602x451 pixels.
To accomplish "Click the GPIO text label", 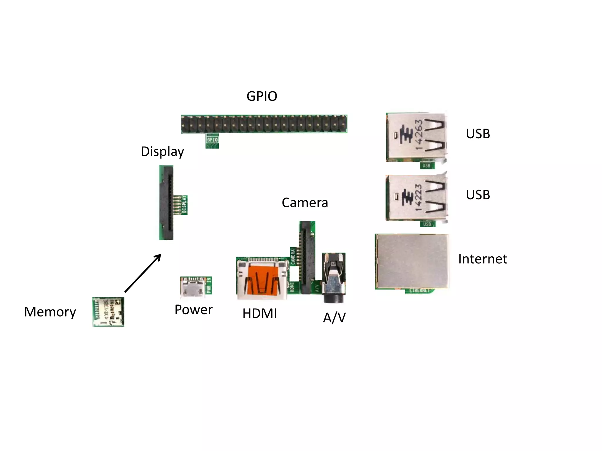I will pos(262,96).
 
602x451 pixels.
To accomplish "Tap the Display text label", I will pos(162,152).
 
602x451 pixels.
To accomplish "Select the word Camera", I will pos(305,203).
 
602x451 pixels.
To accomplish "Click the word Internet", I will pos(482,259).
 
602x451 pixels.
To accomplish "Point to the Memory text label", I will pos(50,312).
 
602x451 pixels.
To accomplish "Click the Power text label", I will pos(193,310).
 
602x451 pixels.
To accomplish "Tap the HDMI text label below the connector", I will pos(260,314).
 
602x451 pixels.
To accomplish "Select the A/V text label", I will pos(334,318).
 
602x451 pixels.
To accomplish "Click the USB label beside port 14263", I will pos(478,134).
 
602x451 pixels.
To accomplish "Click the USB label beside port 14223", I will pos(478,195).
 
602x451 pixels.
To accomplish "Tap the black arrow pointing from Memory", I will pos(143,273).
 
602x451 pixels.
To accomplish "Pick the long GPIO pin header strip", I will pos(264,124).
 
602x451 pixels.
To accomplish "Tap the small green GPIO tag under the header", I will pos(212,140).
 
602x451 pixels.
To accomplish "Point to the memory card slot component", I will pos(108,312).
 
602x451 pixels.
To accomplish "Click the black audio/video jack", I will pos(334,277).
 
